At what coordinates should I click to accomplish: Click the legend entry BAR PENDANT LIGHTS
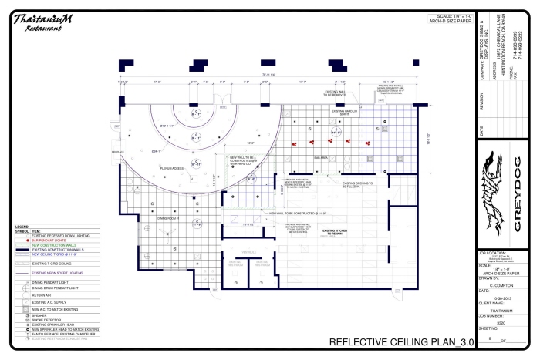(46, 241)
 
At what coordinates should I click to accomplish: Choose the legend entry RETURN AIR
(42, 294)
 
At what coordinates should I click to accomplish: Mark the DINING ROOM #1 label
(167, 218)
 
